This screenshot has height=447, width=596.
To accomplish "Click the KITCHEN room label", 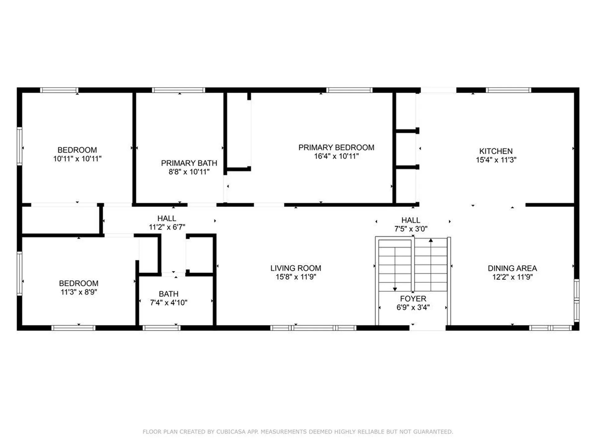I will point(496,151).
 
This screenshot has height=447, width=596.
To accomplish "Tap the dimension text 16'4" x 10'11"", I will point(336,156).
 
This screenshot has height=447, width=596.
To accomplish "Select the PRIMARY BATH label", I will point(189,163).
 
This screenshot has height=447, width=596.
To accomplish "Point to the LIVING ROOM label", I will point(296,268).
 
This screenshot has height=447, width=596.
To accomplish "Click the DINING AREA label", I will point(512,268).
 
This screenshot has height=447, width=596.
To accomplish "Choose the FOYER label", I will point(413,299).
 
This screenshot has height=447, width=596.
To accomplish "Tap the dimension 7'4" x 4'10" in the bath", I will point(169,303).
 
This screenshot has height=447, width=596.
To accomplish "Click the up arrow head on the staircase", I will point(431,240).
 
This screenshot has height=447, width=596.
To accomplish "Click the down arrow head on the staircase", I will point(395,289).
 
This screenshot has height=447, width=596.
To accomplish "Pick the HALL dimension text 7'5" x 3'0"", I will point(411,229).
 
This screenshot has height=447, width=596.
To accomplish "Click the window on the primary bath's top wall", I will point(178,90).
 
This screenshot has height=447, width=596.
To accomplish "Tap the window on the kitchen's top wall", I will point(508,90).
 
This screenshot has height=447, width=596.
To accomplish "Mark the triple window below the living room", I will point(314,328).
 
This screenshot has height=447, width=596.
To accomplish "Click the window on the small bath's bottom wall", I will point(161,328).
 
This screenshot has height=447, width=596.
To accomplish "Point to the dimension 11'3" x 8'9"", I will point(79,292).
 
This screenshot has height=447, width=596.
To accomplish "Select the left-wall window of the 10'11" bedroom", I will point(20,146).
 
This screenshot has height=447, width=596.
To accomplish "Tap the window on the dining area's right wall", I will point(576,300).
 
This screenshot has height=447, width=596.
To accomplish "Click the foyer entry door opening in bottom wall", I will point(427,328).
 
